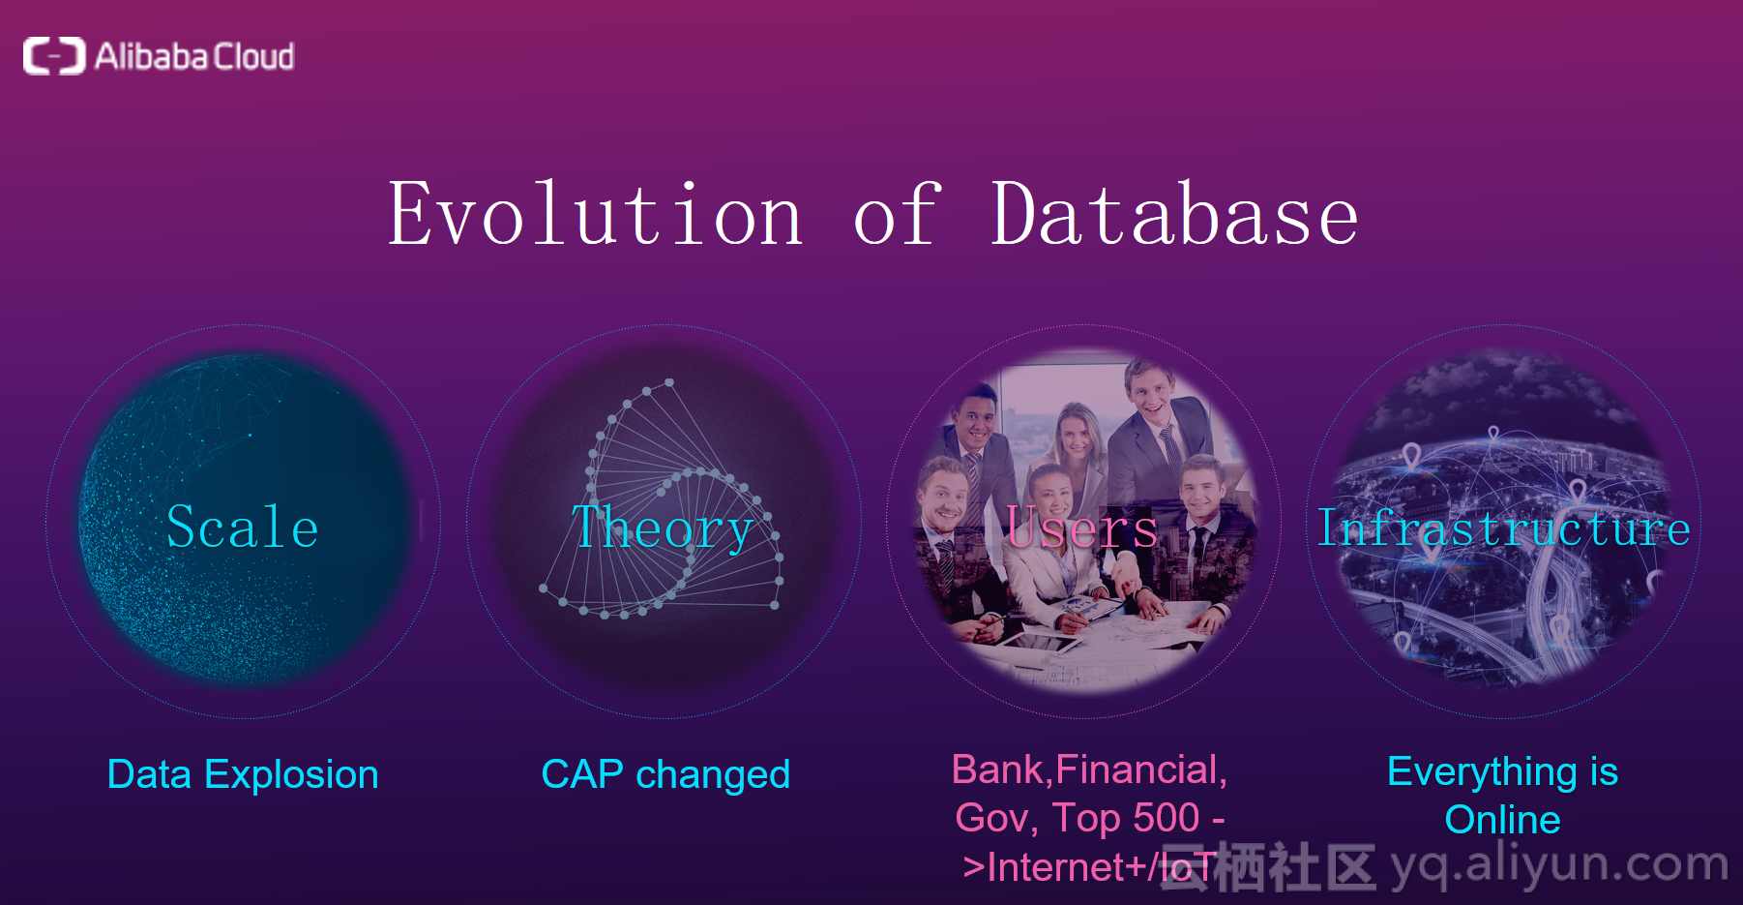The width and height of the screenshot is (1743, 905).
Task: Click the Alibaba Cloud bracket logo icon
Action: tap(54, 56)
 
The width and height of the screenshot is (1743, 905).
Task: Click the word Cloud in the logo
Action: tap(253, 56)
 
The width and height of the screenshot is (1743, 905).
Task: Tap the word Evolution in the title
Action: tap(596, 214)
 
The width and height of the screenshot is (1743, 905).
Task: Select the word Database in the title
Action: tap(1175, 214)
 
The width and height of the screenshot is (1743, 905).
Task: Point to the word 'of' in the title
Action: tap(897, 214)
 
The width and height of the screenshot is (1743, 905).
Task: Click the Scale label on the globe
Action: tap(243, 528)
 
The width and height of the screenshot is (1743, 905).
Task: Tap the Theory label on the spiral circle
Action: tap(663, 528)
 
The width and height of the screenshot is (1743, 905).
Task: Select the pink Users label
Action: tap(1081, 528)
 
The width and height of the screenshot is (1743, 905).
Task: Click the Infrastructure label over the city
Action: tap(1504, 528)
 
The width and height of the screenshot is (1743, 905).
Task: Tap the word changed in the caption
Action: tap(713, 775)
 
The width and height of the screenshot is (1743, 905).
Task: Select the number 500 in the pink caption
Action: tap(1167, 818)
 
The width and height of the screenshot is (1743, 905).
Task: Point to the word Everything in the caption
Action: tap(1482, 772)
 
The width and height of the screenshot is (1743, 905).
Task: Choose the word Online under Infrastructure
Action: tap(1503, 820)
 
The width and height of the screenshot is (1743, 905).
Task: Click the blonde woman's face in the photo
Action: tap(1076, 435)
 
